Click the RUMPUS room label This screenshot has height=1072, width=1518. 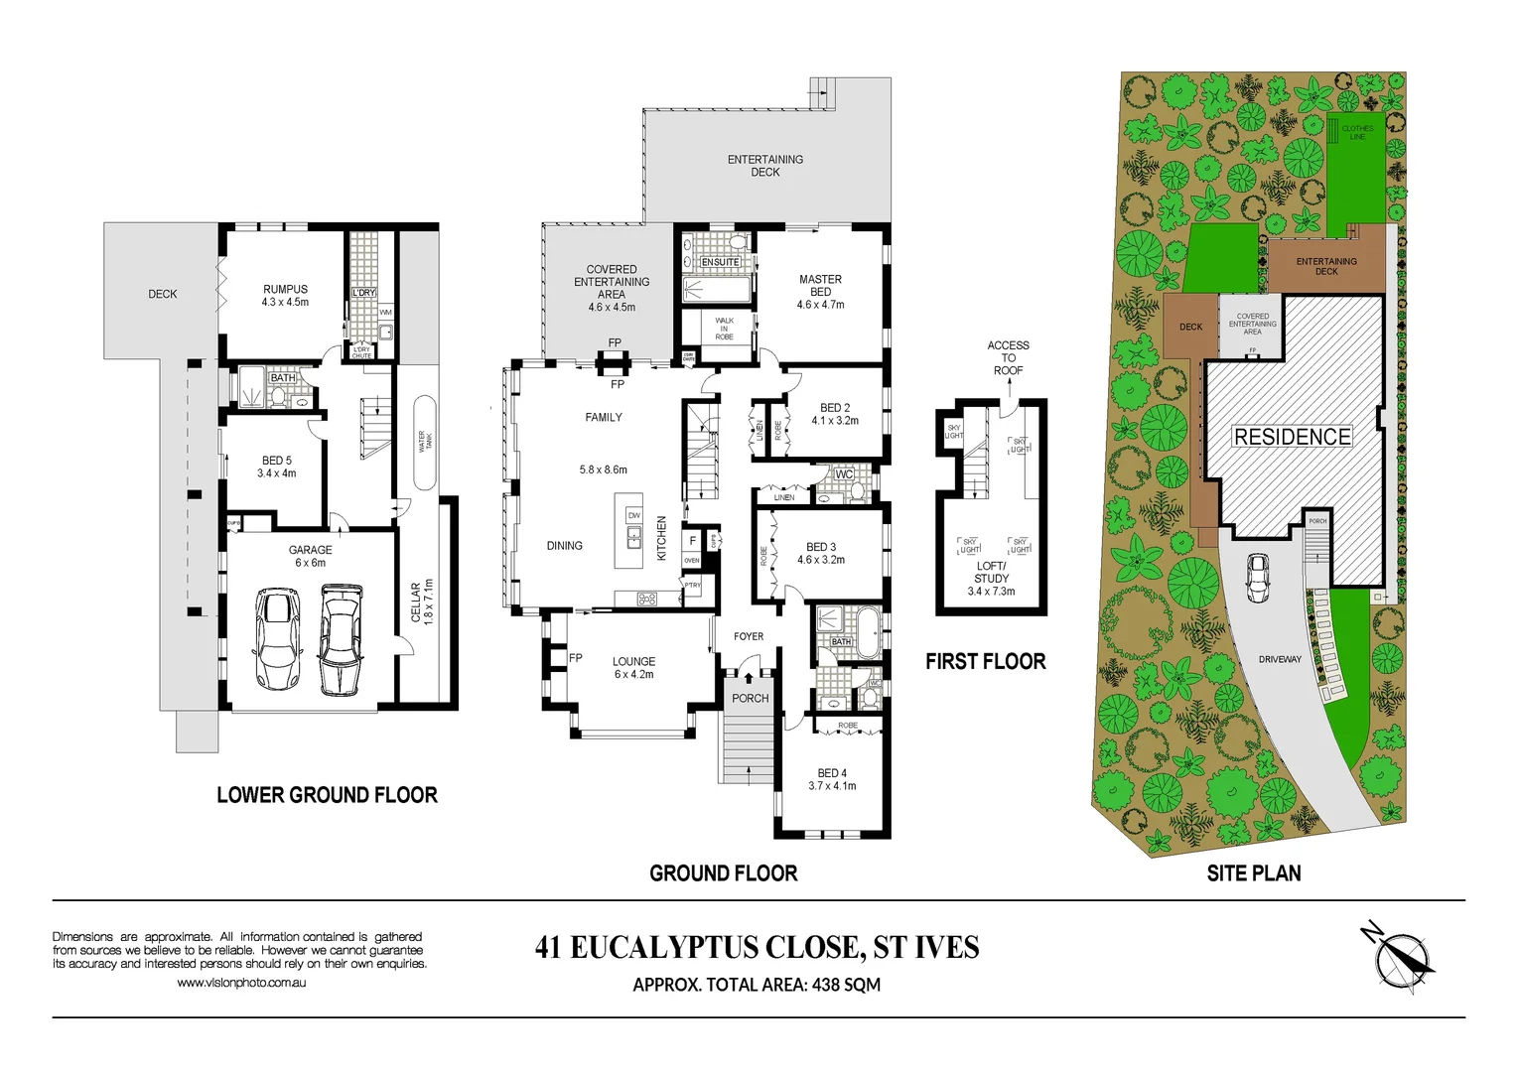[x=285, y=290]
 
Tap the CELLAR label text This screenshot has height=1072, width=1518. [x=416, y=602]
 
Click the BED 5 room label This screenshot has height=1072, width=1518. [x=277, y=461]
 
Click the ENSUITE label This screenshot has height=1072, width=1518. [x=720, y=262]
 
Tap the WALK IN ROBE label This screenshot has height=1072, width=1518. [x=725, y=329]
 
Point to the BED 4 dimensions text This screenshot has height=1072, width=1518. [x=832, y=786]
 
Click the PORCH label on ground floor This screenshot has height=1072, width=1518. [x=750, y=699]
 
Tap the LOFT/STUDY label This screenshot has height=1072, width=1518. [x=991, y=572]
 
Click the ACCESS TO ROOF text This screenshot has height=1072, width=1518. [x=1008, y=357]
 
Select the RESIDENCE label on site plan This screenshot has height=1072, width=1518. [x=1292, y=437]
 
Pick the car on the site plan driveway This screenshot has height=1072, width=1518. [x=1257, y=578]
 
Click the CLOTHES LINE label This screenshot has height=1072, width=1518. [x=1357, y=132]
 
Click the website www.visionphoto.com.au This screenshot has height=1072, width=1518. [x=241, y=983]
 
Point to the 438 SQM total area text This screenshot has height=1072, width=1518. [x=846, y=985]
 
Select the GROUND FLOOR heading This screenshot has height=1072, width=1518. [x=723, y=873]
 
